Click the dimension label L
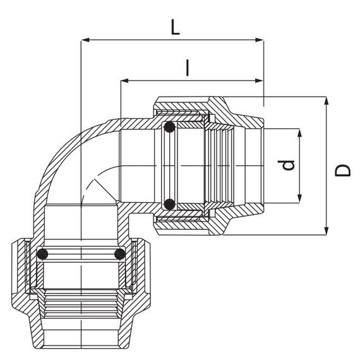pyautogui.click(x=175, y=27)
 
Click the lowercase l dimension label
pyautogui.click(x=188, y=68)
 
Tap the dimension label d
pyautogui.click(x=285, y=165)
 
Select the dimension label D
pyautogui.click(x=342, y=170)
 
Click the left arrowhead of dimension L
pyautogui.click(x=85, y=40)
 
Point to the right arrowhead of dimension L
pyautogui.click(x=260, y=40)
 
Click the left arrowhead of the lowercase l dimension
pyautogui.click(x=124, y=81)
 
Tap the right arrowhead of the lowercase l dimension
pyautogui.click(x=260, y=81)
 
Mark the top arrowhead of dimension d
pyautogui.click(x=299, y=133)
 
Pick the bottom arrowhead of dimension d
pyautogui.click(x=299, y=199)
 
